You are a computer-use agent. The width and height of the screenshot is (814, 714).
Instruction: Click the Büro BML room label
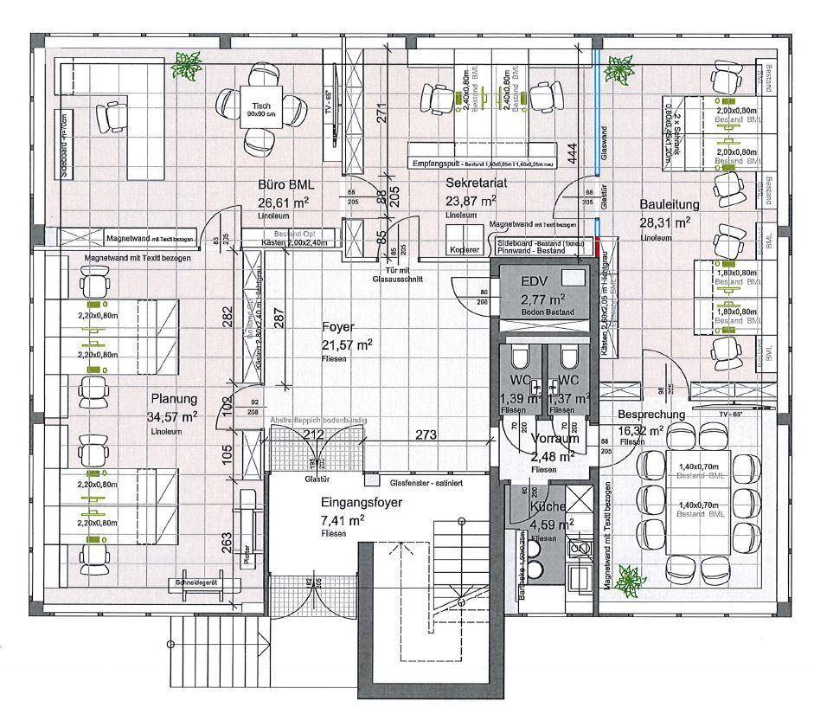[285, 185]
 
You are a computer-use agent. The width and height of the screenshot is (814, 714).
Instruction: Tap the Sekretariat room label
[475, 183]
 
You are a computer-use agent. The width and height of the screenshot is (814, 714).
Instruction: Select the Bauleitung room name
[664, 204]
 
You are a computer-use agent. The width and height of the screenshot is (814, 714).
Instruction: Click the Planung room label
[174, 399]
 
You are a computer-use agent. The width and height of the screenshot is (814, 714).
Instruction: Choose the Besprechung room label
[651, 415]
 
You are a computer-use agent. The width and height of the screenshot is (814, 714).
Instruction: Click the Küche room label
[549, 506]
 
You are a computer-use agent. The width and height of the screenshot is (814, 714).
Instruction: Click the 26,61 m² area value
[283, 203]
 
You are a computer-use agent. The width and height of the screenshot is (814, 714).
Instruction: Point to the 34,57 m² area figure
[172, 416]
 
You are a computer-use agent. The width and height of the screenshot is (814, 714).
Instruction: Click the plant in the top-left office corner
[185, 62]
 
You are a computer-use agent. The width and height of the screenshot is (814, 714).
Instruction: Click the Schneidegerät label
[195, 582]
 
